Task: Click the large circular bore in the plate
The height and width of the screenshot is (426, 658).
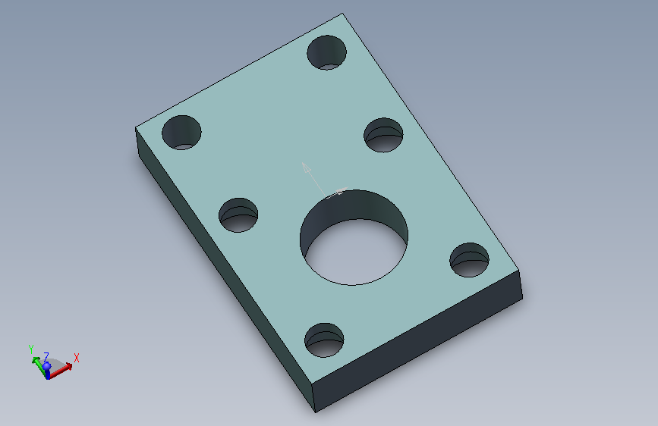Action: point(354,238)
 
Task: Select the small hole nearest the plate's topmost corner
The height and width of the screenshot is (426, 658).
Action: point(327,52)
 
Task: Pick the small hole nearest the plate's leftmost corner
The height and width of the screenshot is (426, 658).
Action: point(181,133)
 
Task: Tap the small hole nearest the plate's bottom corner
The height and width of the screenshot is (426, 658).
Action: point(324,340)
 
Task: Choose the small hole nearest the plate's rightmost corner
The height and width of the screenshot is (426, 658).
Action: point(470,260)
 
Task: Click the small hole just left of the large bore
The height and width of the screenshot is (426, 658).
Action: point(238,215)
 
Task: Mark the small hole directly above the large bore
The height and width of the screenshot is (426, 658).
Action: point(383,135)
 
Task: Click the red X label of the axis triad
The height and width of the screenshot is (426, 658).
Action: point(77,358)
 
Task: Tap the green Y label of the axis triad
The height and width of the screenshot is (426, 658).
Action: point(30,349)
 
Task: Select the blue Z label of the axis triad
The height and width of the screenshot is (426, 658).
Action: point(46,357)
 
